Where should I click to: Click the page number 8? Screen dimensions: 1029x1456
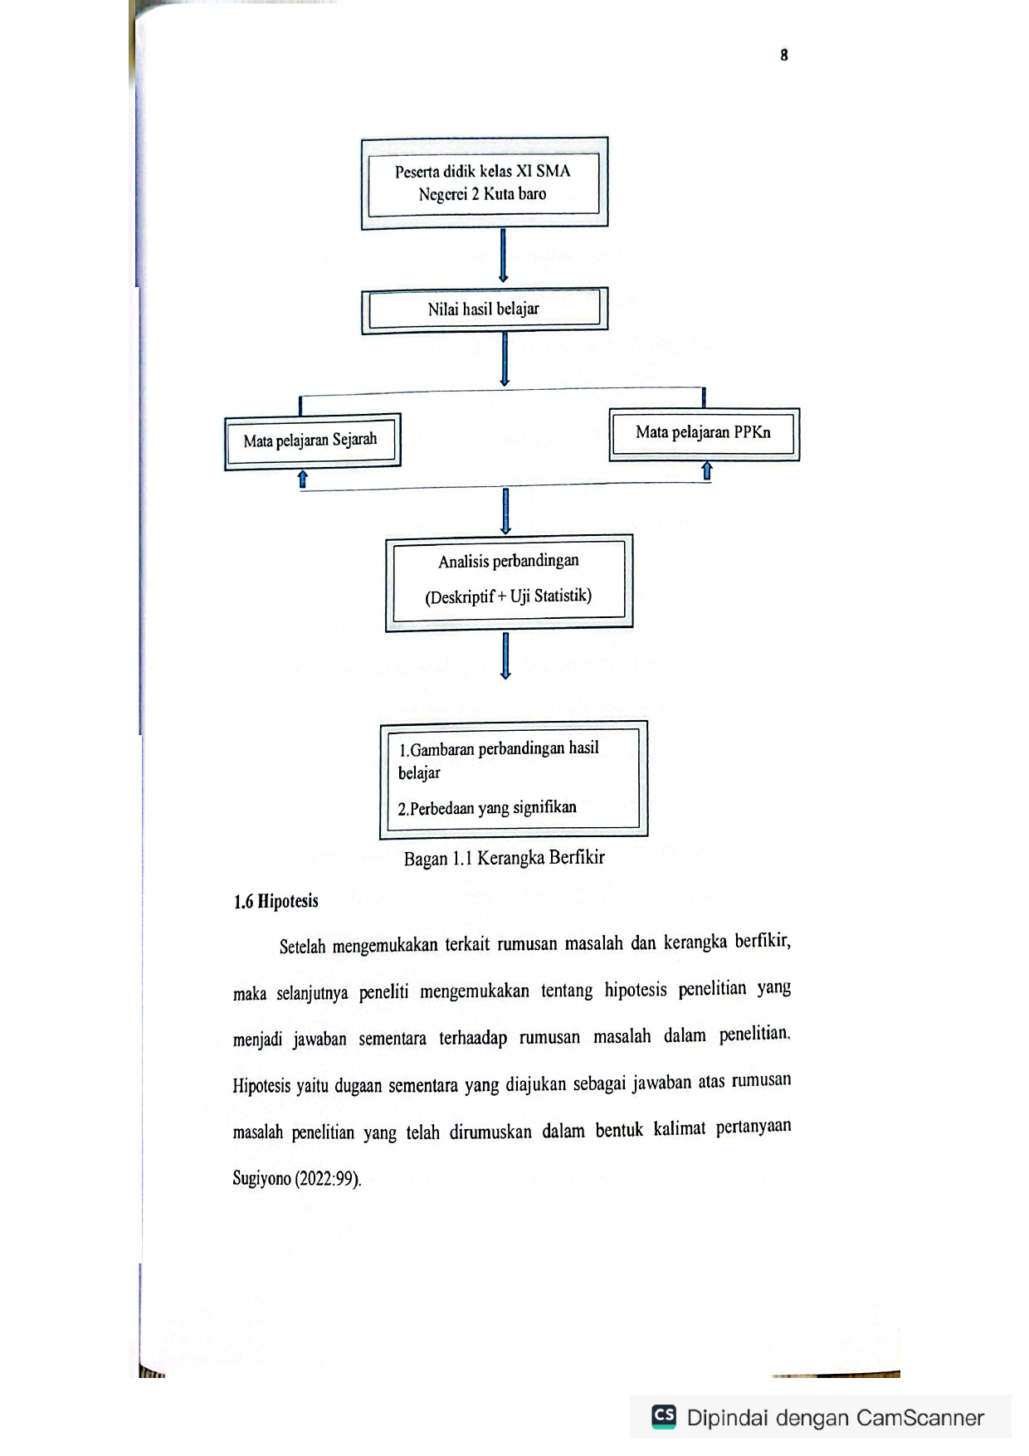pyautogui.click(x=784, y=55)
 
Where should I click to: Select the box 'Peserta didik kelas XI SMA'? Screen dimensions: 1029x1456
pyautogui.click(x=485, y=183)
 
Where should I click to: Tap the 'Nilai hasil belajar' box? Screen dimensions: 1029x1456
pyautogui.click(x=485, y=310)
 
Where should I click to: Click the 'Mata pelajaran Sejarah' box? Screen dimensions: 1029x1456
pyautogui.click(x=312, y=441)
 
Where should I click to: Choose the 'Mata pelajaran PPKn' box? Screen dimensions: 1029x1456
pyautogui.click(x=705, y=434)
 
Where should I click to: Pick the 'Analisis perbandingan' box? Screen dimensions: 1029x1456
pyautogui.click(x=510, y=582)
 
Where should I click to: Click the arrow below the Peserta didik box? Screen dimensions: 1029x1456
pyautogui.click(x=503, y=256)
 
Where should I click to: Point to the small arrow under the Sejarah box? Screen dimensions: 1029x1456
pyautogui.click(x=303, y=480)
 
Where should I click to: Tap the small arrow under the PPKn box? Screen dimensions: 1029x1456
pyautogui.click(x=707, y=471)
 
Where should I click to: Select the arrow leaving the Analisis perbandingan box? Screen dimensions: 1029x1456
pyautogui.click(x=505, y=656)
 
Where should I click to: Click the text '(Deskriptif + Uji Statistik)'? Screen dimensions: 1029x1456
pyautogui.click(x=509, y=597)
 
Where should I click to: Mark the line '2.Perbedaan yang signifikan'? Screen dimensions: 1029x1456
pyautogui.click(x=487, y=808)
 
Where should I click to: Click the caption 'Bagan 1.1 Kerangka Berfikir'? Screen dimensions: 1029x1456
pyautogui.click(x=505, y=858)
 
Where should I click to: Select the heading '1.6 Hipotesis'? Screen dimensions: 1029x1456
pyautogui.click(x=276, y=902)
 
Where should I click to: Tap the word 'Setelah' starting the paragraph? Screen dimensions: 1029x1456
pyautogui.click(x=302, y=947)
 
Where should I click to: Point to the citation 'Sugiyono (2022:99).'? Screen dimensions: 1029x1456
pyautogui.click(x=297, y=1179)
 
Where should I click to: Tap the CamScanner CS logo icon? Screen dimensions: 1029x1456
pyautogui.click(x=664, y=1416)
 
